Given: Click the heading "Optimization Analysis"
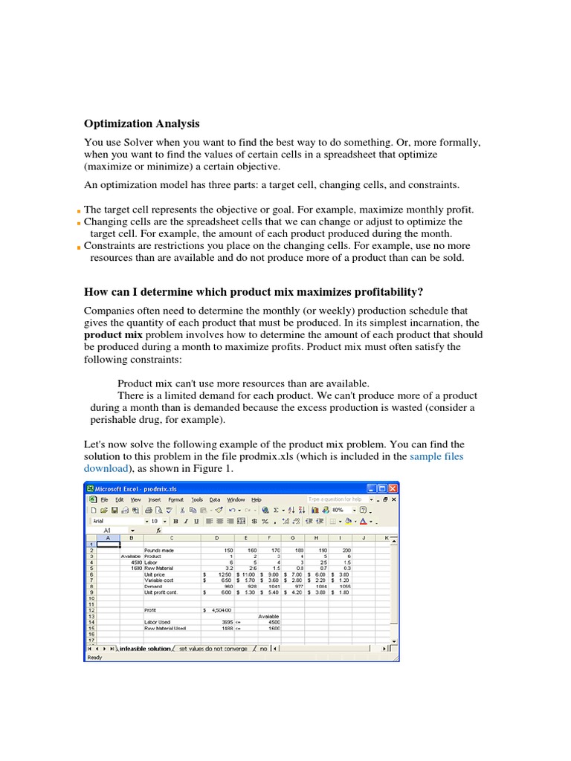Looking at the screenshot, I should [141, 124].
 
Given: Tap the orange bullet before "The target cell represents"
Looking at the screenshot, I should [78, 211].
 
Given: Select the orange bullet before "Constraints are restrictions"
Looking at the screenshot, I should [78, 247].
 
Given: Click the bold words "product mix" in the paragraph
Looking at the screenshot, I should [112, 335].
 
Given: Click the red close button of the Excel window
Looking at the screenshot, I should [393, 488].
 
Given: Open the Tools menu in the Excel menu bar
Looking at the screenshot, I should [196, 499].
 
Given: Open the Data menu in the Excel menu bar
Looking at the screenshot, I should [215, 499].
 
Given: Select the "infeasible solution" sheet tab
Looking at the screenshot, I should [144, 649].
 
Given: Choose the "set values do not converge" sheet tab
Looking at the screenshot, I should [213, 649].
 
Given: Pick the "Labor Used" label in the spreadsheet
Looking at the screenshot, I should [158, 622].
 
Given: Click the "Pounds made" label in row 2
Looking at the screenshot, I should [160, 550].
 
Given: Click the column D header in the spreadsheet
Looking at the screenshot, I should [217, 537].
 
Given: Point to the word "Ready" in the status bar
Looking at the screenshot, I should [95, 657].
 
